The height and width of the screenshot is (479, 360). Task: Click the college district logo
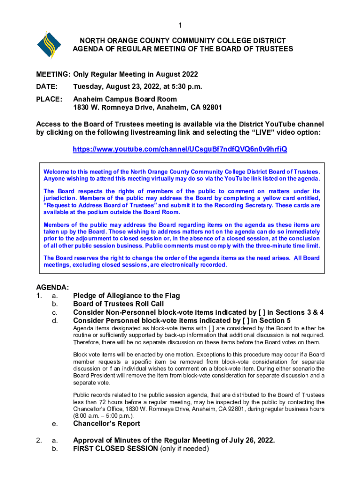[x=49, y=45]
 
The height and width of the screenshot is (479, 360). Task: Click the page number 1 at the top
[x=180, y=25]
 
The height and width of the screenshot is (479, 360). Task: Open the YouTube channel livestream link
[x=180, y=149]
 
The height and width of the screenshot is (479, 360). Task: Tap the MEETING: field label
[x=53, y=74]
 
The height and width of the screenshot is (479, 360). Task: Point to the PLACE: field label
[x=49, y=99]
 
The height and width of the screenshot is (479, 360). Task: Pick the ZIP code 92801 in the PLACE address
[x=212, y=108]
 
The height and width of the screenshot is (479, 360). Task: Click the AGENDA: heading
[x=53, y=287]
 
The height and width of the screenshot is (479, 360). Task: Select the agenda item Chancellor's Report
[x=107, y=424]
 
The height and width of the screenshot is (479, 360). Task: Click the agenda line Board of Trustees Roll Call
[x=119, y=304]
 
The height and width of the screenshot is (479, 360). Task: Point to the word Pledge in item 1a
[x=86, y=296]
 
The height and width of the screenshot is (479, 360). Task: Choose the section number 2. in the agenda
[x=40, y=441]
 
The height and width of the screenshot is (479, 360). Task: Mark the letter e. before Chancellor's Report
[x=55, y=424]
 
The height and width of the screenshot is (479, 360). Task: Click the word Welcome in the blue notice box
[x=57, y=171]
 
